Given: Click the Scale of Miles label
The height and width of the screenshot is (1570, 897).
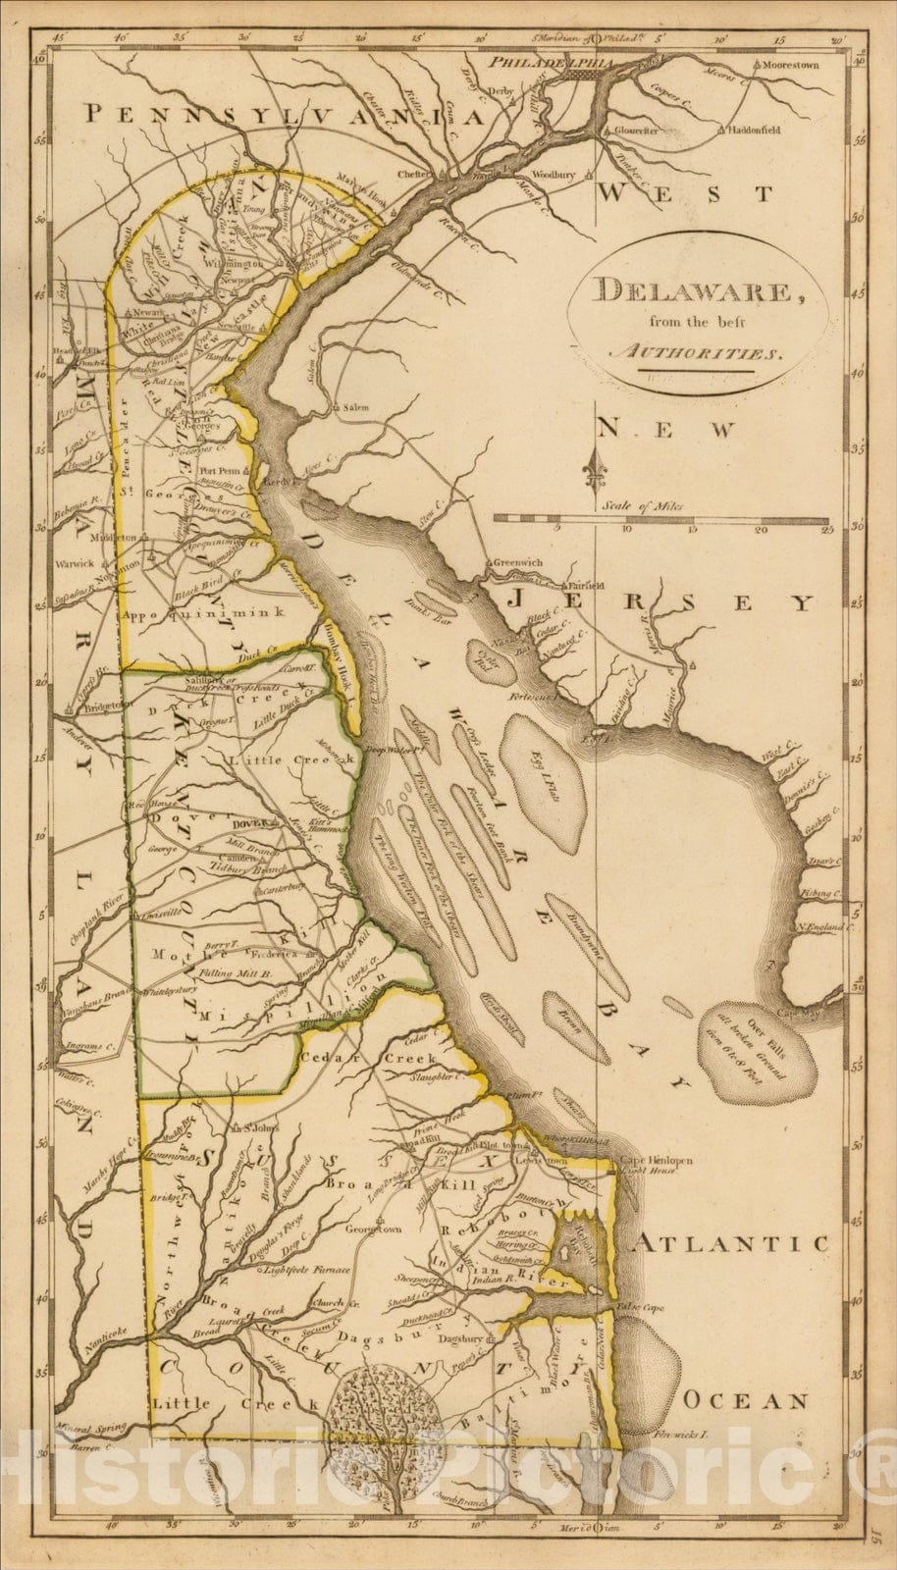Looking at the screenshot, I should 643,506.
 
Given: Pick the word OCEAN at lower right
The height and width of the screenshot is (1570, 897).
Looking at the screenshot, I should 746,1401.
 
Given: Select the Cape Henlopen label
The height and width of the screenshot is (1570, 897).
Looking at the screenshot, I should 656,1161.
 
